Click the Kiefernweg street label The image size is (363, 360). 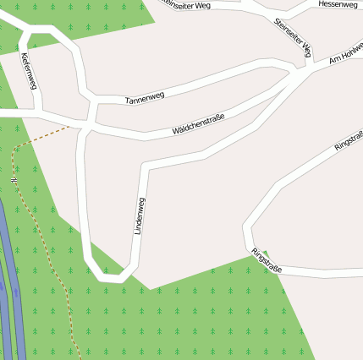28,71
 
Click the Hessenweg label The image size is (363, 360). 338,4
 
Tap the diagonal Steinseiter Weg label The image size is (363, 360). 294,36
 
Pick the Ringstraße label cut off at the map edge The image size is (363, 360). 349,141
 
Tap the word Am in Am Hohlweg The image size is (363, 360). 333,58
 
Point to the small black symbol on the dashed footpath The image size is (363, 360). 14,178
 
